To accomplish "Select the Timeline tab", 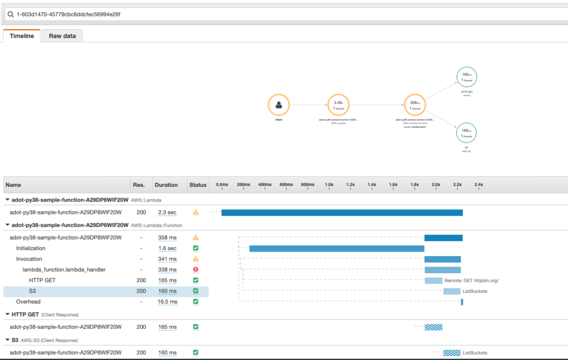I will pyautogui.click(x=22, y=36).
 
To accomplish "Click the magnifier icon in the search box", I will pyautogui.click(x=10, y=14).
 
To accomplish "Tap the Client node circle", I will pyautogui.click(x=279, y=105).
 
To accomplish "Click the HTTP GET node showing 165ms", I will pyautogui.click(x=467, y=77).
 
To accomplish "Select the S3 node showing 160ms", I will pyautogui.click(x=466, y=133).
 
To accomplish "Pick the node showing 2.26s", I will pyautogui.click(x=338, y=105).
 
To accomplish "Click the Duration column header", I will pyautogui.click(x=166, y=185).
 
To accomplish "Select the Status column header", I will pyautogui.click(x=198, y=185).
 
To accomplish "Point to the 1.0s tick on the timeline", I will pyautogui.click(x=329, y=185).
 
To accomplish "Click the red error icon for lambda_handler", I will pyautogui.click(x=195, y=270).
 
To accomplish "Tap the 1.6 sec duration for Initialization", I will pyautogui.click(x=167, y=248).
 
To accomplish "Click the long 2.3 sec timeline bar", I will pyautogui.click(x=342, y=212).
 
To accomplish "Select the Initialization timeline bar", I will pyautogui.click(x=336, y=248).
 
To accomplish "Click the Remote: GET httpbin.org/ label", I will pyautogui.click(x=471, y=281).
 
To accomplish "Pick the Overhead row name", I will pyautogui.click(x=28, y=302).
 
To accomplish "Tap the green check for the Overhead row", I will pyautogui.click(x=195, y=302).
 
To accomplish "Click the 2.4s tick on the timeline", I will pyautogui.click(x=478, y=185).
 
